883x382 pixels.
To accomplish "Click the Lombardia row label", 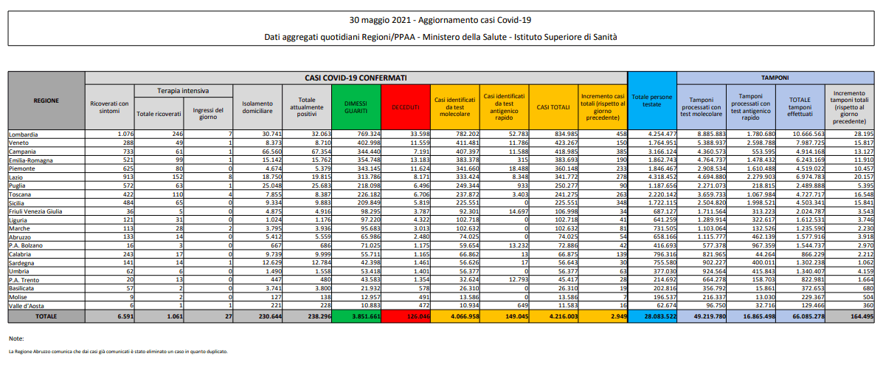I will [24, 134].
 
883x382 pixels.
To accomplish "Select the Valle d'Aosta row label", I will [27, 305].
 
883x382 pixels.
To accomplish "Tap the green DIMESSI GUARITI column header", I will [356, 108].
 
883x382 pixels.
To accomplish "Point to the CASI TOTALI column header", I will [553, 108].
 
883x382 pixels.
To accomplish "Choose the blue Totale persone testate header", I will [651, 100].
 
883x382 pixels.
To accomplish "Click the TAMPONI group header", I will [775, 77].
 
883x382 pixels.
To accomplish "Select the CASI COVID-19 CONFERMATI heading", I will [356, 77].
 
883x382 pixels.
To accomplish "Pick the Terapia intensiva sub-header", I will [182, 90].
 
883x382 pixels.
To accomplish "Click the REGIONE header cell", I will [46, 100].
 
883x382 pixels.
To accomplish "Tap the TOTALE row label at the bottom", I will [46, 316].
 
